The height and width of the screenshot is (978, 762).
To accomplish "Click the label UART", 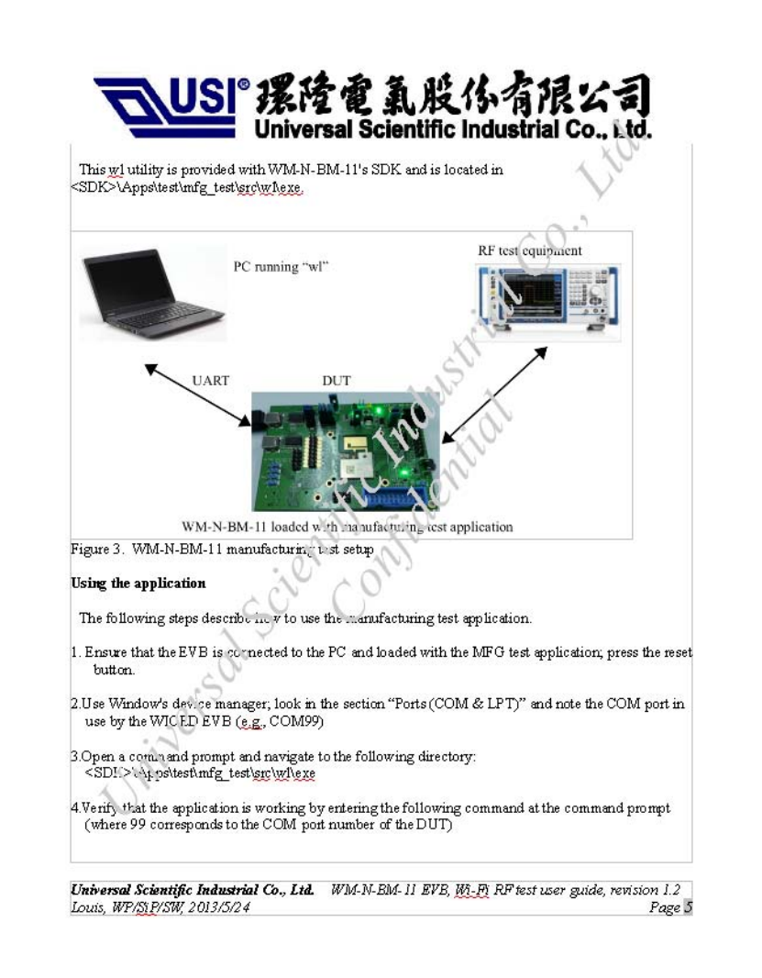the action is tap(210, 380).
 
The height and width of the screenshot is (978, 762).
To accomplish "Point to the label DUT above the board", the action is tap(336, 380).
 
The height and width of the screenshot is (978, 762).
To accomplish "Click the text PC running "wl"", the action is tap(282, 267).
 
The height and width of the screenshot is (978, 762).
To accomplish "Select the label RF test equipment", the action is tap(530, 250).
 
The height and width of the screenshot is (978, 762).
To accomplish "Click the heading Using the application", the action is tap(138, 583).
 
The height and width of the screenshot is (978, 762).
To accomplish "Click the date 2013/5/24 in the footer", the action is tap(216, 907).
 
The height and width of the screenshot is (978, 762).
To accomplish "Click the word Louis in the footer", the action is tap(88, 907).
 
